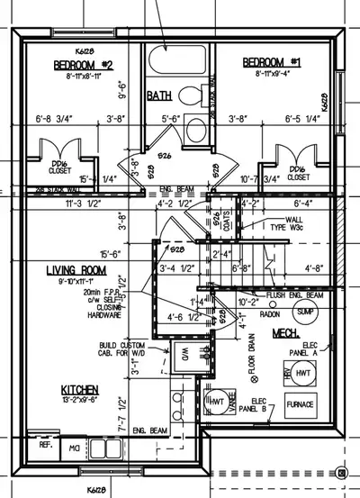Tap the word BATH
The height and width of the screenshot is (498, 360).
point(159,95)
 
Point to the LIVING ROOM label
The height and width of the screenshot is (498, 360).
point(80,270)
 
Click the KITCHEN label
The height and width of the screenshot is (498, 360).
point(80,392)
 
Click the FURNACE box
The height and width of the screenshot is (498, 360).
point(300,405)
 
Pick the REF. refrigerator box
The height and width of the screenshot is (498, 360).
point(43,445)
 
